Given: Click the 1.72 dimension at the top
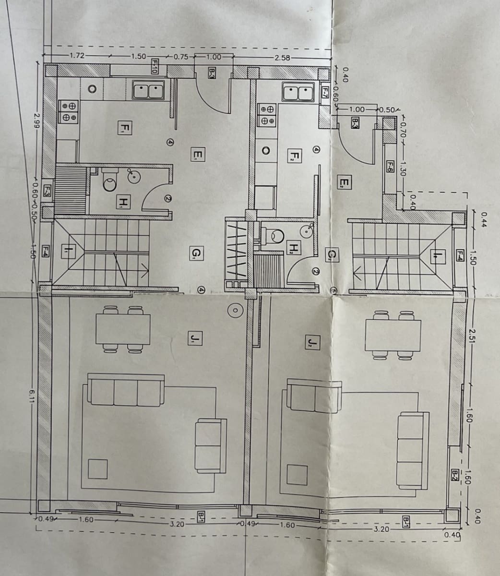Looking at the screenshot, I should pyautogui.click(x=77, y=55).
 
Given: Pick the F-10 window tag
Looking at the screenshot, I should pyautogui.click(x=155, y=66).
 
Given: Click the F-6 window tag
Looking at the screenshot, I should pyautogui.click(x=390, y=167).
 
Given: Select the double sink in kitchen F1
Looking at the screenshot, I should pyautogui.click(x=148, y=90).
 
